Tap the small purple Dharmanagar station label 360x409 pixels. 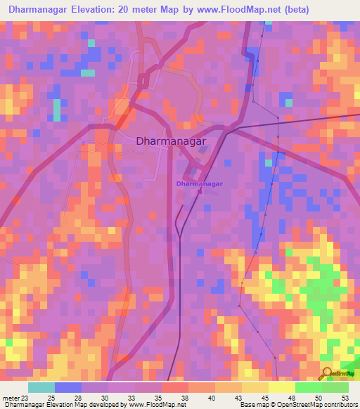pos(200,183)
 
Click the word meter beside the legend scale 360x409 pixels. pos(8,397)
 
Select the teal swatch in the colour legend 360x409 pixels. pos(41,387)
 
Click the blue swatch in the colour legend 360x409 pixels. pos(67,387)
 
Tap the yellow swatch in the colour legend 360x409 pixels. pos(281,387)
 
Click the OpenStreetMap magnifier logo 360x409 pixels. pos(328,372)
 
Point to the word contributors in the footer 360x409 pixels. pos(336,405)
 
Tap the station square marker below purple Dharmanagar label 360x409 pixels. pos(200,190)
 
